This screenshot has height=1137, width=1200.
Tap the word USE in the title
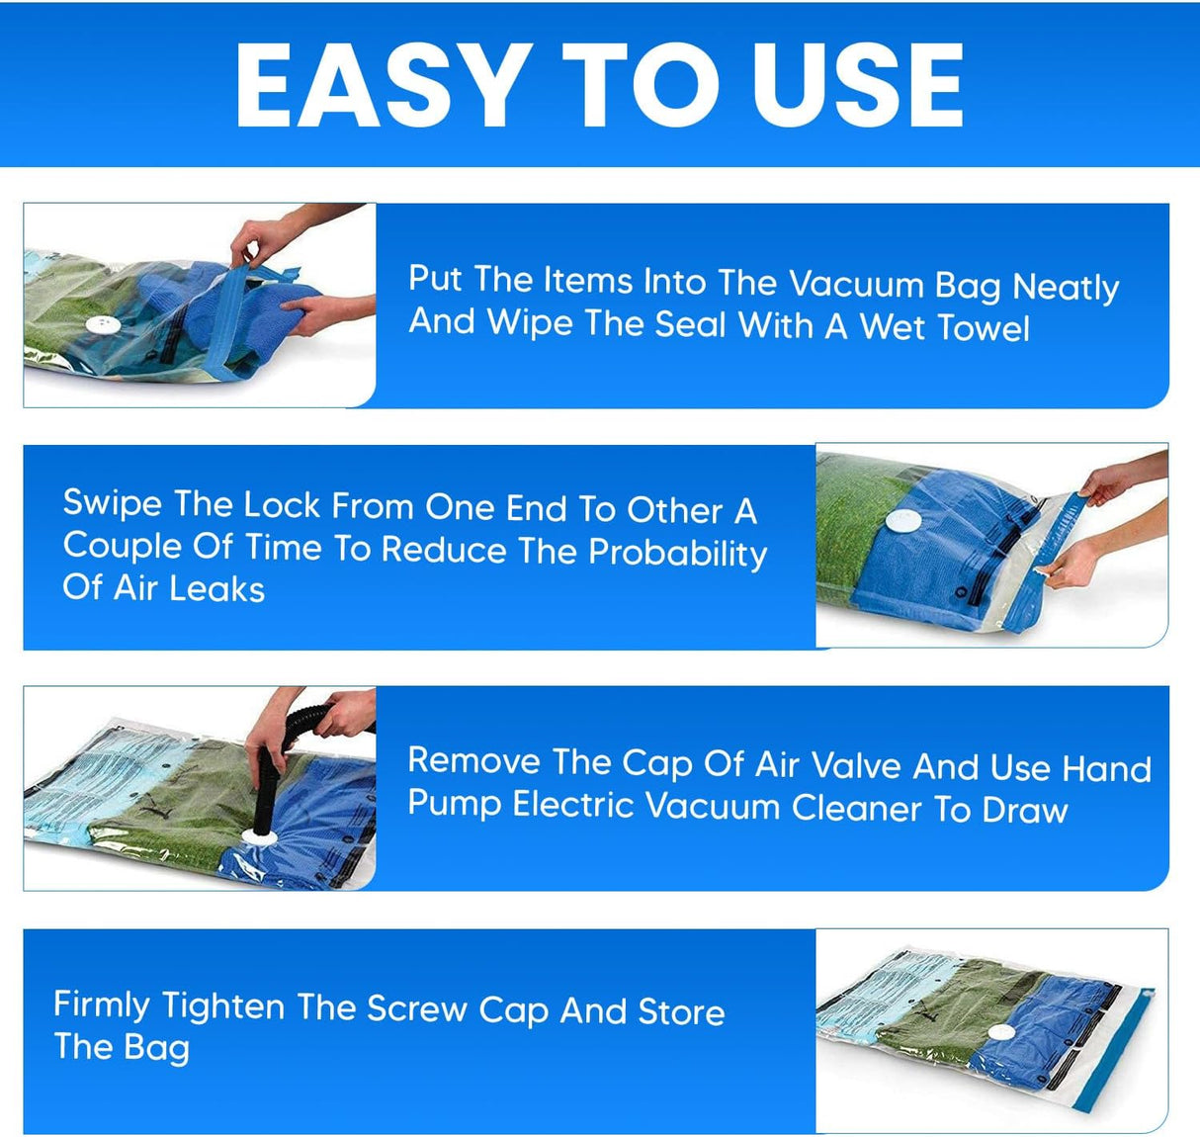click(857, 86)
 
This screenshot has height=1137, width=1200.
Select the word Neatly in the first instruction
click(1066, 287)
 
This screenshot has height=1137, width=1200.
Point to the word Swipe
click(112, 504)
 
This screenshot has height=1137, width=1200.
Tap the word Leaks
click(216, 589)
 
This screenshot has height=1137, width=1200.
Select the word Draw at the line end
click(1024, 810)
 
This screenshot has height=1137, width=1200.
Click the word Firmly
click(101, 1006)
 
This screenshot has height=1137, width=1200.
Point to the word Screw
click(416, 1008)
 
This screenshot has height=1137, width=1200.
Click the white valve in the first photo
click(101, 324)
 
